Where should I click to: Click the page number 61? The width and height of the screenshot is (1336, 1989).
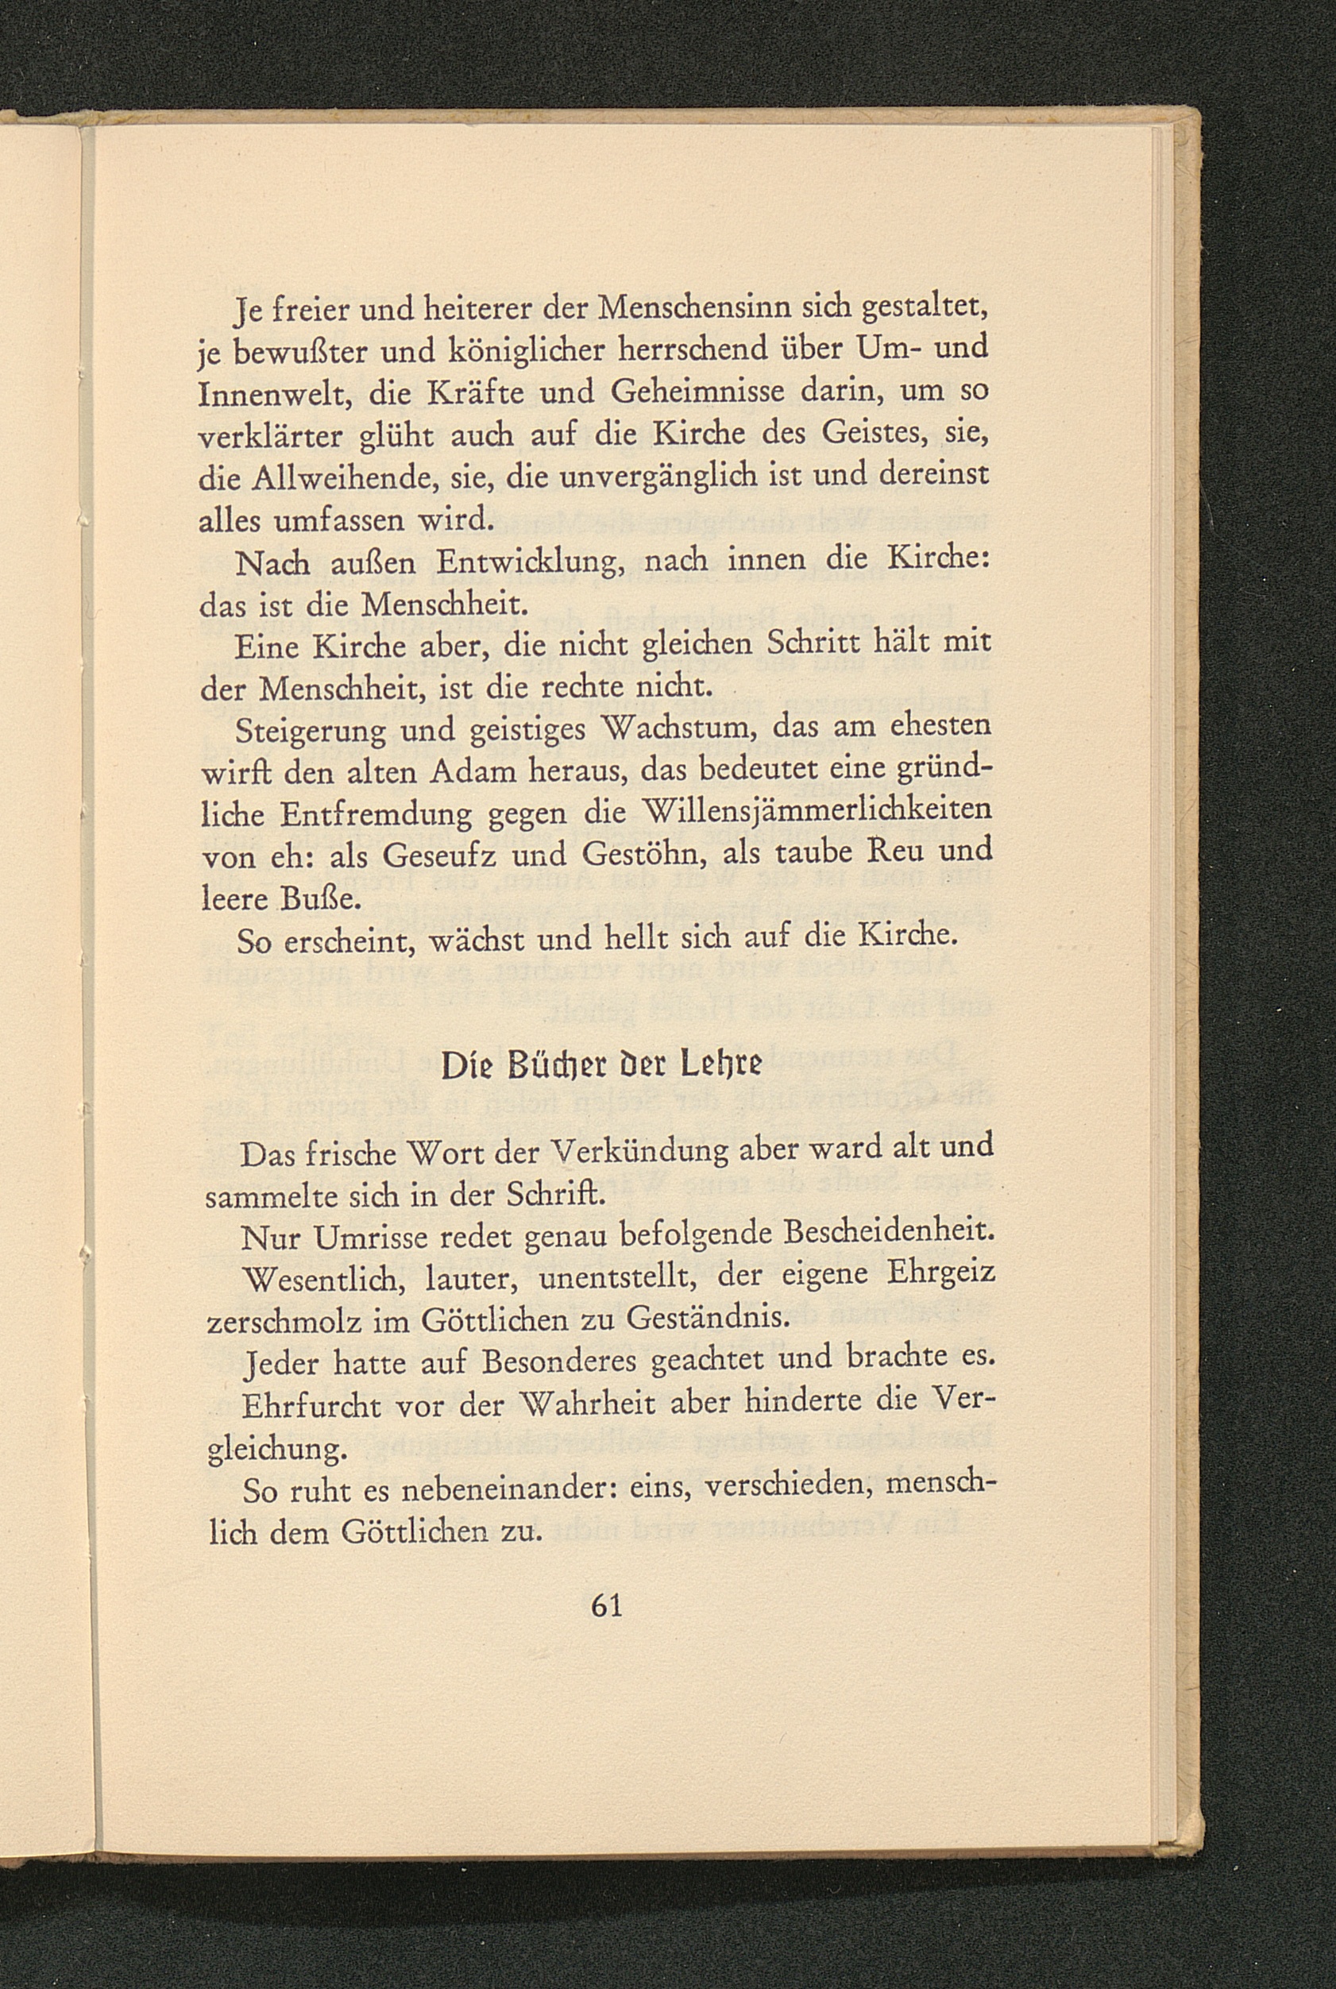[x=607, y=1605]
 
